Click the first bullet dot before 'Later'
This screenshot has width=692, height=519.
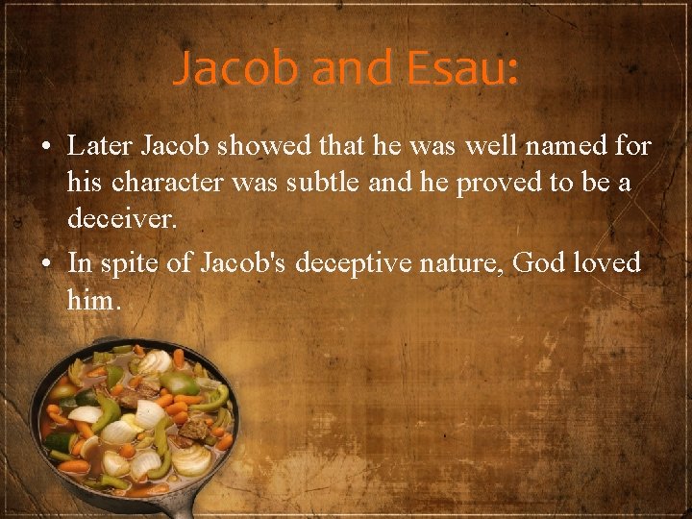[46, 148]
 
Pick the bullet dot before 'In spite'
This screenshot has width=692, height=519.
[46, 263]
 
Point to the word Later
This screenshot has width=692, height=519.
[102, 147]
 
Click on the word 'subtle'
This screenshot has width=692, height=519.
[319, 184]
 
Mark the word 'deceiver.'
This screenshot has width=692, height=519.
[122, 220]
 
